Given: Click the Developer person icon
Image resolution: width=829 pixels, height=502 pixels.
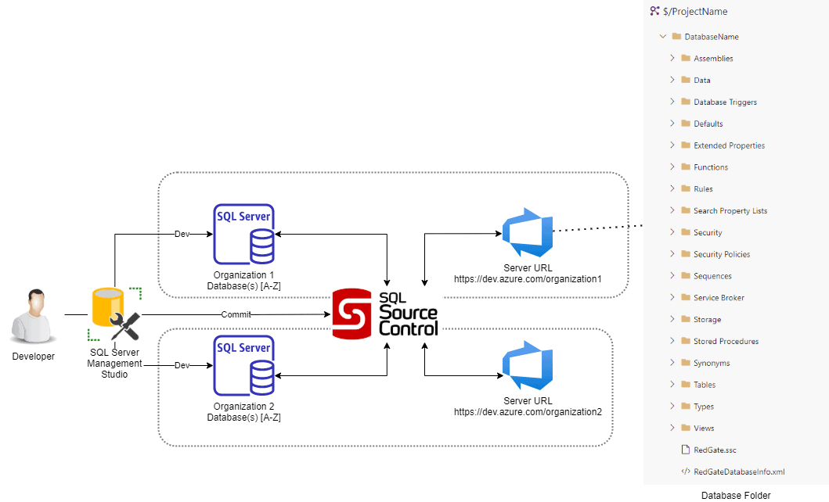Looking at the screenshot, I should point(33,316).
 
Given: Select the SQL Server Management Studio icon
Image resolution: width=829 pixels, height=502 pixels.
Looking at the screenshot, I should point(114,315).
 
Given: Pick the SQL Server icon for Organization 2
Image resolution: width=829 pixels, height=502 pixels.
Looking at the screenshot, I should point(243,365).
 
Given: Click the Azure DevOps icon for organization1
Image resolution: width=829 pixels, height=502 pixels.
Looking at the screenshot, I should point(527,231).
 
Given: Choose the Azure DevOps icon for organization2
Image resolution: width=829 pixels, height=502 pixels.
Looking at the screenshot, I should point(527,365).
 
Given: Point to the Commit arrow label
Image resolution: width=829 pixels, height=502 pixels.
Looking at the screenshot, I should point(236,314).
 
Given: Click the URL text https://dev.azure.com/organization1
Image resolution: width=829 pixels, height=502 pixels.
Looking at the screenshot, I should point(528,279).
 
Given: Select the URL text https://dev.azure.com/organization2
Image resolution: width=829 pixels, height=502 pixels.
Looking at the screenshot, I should point(528,412).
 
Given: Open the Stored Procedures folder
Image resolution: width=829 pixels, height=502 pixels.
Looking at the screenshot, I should point(726,342).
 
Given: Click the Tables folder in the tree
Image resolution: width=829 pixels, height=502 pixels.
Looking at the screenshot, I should point(705,385).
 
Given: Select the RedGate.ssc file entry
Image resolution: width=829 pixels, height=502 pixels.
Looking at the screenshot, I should point(715,450).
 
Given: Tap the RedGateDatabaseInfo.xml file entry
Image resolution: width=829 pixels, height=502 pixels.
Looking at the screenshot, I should point(738,472).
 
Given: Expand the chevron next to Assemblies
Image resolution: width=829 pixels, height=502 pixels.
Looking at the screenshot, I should point(672,58).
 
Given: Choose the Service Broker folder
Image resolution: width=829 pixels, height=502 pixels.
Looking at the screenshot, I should point(719,298).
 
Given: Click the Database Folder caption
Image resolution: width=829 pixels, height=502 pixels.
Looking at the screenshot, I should point(735,495).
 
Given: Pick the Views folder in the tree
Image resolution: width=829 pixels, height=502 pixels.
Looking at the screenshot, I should point(704,428).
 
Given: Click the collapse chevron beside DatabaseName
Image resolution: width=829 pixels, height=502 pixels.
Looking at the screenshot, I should point(663,37).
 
